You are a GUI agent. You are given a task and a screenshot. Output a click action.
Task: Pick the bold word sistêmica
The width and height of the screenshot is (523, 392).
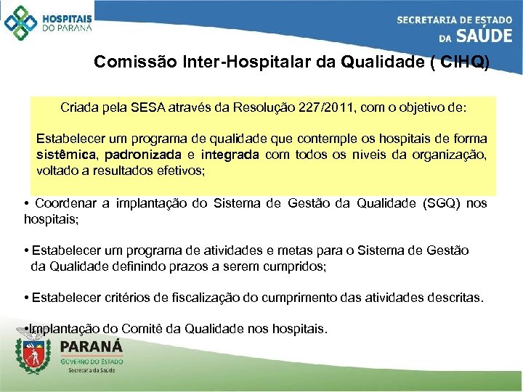[x=68, y=155]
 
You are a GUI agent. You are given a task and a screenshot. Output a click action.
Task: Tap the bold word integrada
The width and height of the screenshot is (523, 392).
[x=230, y=155]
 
